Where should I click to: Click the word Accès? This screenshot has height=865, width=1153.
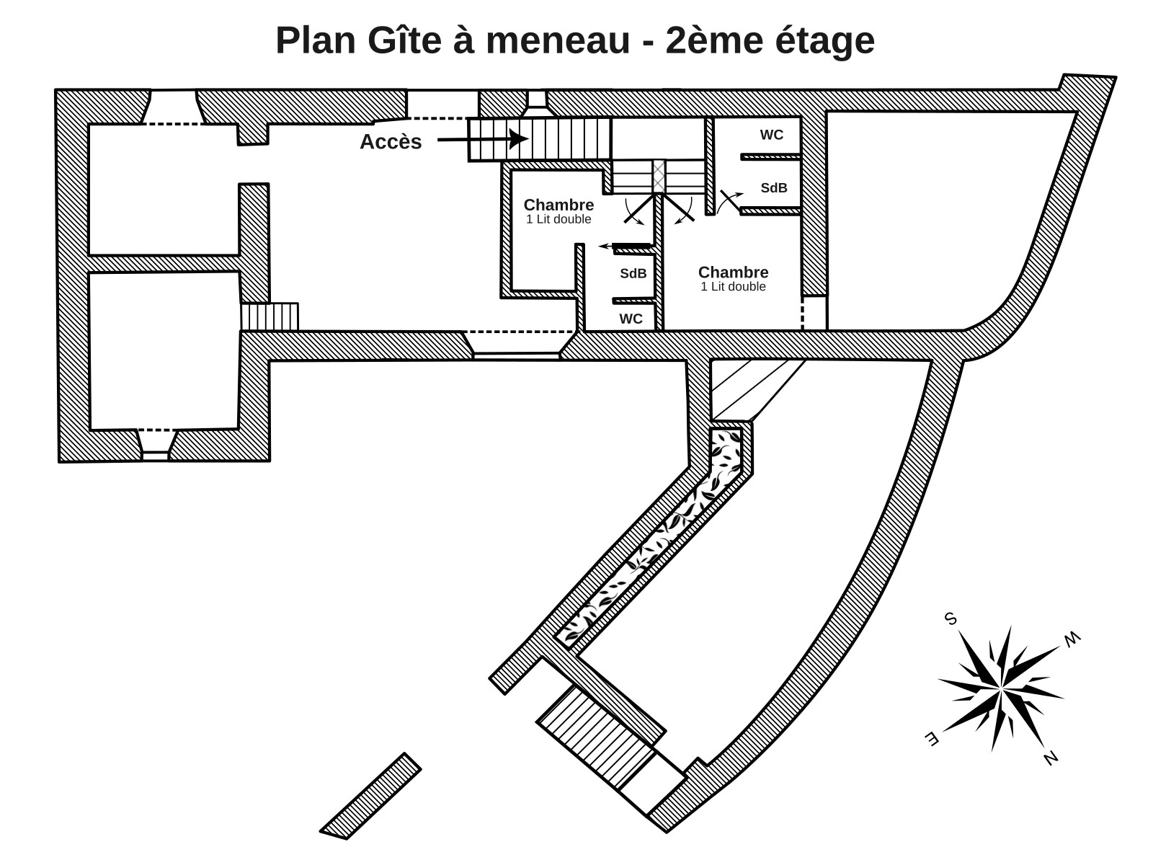tap(391, 142)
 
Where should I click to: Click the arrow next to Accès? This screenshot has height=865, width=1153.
tap(483, 138)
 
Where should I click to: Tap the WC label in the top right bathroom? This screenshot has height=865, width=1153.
tap(771, 136)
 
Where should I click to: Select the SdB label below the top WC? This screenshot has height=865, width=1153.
tap(774, 188)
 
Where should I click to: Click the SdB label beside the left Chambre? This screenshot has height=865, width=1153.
tap(633, 274)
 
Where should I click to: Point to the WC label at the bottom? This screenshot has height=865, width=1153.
tap(631, 319)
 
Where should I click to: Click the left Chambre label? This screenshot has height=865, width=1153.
tap(558, 205)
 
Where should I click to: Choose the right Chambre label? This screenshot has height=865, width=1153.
tap(733, 272)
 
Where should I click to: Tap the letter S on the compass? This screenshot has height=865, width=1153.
tap(951, 619)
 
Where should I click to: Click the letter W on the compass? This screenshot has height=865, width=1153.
tap(1072, 638)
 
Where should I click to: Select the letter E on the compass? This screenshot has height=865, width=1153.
tap(931, 738)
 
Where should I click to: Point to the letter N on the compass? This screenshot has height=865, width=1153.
tap(1051, 758)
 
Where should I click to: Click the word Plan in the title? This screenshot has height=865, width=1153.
tap(316, 40)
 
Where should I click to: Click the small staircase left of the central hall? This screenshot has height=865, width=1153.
tap(270, 316)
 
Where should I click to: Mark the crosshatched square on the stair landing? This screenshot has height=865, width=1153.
tap(659, 177)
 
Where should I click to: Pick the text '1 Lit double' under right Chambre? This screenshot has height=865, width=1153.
tap(733, 287)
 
